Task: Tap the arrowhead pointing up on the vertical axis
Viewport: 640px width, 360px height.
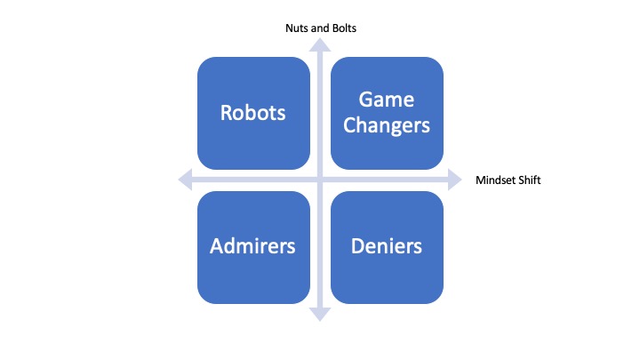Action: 320,46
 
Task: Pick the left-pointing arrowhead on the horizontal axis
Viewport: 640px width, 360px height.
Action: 185,180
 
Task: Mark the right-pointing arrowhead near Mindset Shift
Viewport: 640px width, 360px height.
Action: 454,180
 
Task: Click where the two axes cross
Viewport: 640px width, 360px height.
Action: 320,180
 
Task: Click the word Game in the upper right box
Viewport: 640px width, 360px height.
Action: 387,100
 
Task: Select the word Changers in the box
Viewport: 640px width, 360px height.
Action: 387,124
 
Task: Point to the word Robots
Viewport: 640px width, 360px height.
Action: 252,113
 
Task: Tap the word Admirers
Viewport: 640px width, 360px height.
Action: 252,246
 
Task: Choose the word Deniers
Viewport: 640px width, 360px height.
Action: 387,246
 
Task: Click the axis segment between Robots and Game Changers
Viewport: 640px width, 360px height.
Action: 320,113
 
